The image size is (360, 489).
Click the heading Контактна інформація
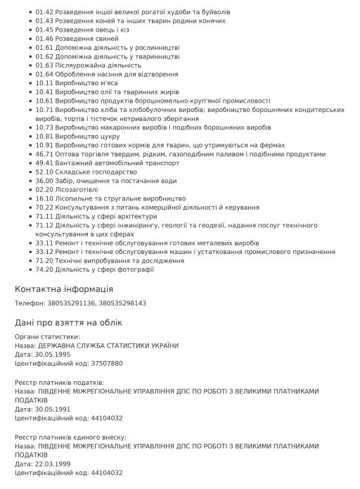click(x=63, y=289)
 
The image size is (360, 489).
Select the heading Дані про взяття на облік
click(x=68, y=322)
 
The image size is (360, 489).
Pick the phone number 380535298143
click(x=122, y=303)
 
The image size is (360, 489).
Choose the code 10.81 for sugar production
click(x=44, y=136)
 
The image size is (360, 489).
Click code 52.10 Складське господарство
click(x=44, y=172)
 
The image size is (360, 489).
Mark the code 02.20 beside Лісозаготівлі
click(x=44, y=189)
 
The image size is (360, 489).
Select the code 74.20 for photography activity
click(x=44, y=269)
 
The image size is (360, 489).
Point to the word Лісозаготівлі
click(x=78, y=189)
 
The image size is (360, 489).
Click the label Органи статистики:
click(x=47, y=336)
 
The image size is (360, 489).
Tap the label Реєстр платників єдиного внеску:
click(x=70, y=437)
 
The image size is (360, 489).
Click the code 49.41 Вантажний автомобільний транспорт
click(x=44, y=163)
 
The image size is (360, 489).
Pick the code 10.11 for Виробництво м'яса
click(x=44, y=82)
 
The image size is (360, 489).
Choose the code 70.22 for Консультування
click(x=44, y=207)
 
